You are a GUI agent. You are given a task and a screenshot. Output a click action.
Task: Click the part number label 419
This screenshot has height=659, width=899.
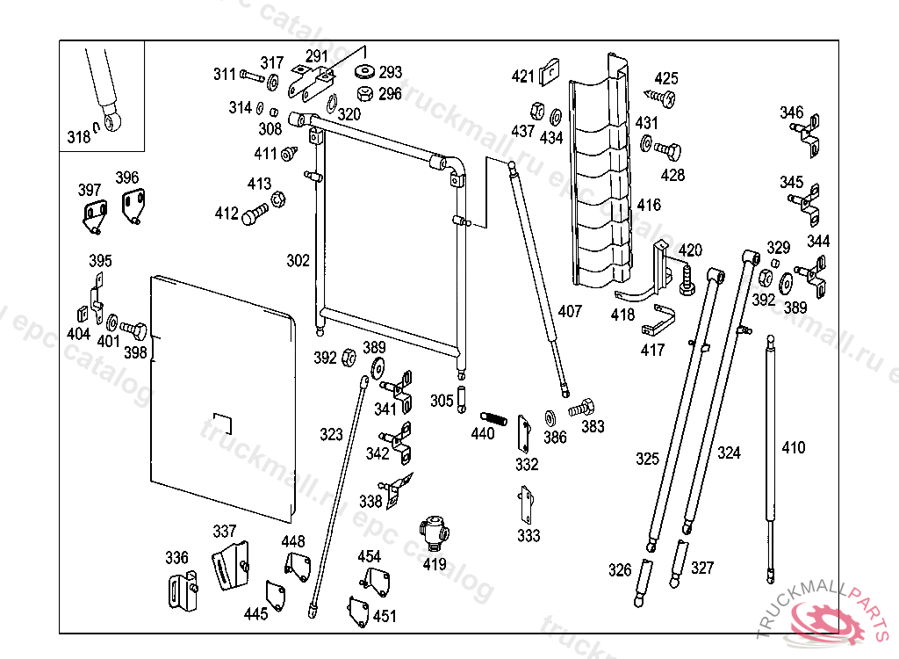pyautogui.click(x=435, y=565)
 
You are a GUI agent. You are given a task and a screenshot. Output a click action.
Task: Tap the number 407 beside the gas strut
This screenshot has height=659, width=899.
pyautogui.click(x=570, y=311)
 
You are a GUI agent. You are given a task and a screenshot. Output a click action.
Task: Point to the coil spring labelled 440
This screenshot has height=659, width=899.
pyautogui.click(x=493, y=418)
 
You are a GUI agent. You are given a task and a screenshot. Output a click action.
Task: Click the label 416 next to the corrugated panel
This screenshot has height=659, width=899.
pyautogui.click(x=649, y=205)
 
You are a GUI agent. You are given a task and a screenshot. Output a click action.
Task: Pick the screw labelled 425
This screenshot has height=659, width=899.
pyautogui.click(x=663, y=98)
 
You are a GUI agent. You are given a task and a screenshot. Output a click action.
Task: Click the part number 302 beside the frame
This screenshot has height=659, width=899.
pyautogui.click(x=298, y=261)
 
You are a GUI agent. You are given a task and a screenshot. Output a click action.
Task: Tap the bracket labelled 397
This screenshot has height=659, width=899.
pyautogui.click(x=92, y=214)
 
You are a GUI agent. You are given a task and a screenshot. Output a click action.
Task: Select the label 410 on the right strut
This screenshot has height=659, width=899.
pyautogui.click(x=793, y=448)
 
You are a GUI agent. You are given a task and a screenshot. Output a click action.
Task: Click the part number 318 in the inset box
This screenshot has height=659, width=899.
pyautogui.click(x=78, y=136)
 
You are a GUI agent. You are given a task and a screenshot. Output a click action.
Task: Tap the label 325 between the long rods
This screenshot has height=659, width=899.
pyautogui.click(x=647, y=459)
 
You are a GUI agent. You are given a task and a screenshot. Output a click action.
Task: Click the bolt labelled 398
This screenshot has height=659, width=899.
pyautogui.click(x=136, y=331)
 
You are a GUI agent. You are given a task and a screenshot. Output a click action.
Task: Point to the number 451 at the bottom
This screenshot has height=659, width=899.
pyautogui.click(x=385, y=616)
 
